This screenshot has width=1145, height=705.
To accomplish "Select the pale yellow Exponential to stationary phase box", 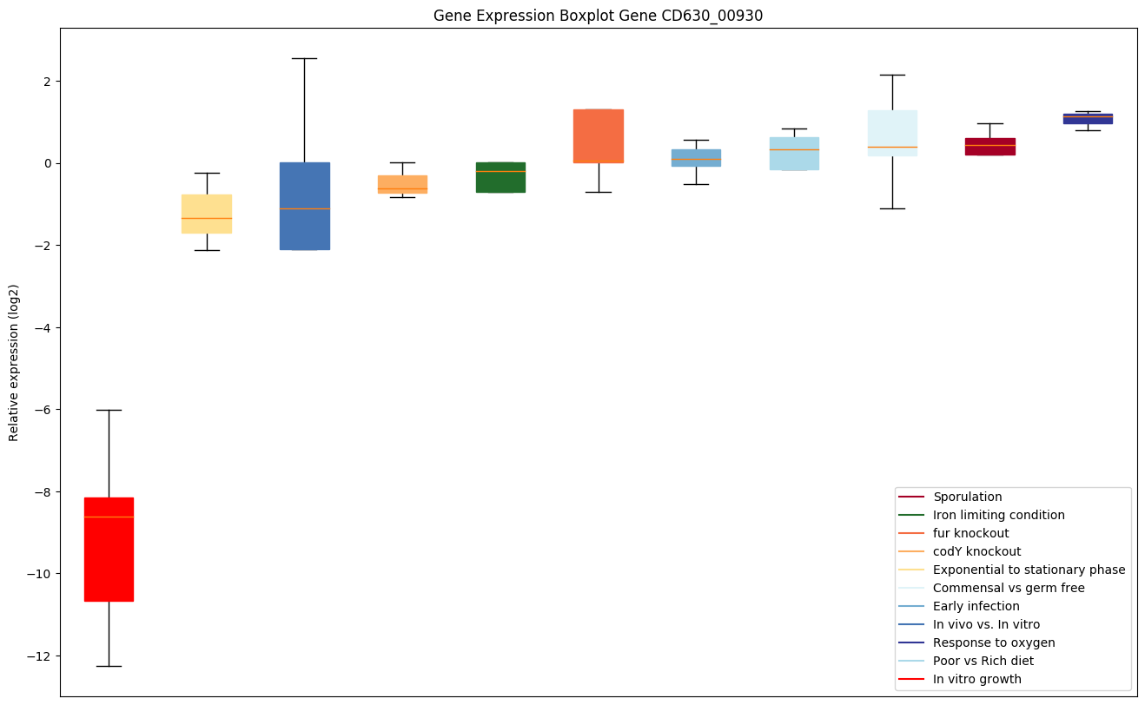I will [207, 214].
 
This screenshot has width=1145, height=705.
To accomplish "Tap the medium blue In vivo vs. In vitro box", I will [305, 206].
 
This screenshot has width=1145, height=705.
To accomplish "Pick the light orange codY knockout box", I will [402, 184].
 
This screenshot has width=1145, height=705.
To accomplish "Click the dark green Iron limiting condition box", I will [500, 177].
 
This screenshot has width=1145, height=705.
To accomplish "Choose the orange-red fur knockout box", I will [599, 136].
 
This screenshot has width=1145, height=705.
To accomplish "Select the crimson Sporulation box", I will [990, 147].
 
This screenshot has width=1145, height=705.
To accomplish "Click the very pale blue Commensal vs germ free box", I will [892, 133].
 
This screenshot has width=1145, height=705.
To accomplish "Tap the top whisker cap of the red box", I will [109, 410].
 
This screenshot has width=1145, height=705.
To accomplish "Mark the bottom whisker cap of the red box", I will [109, 666].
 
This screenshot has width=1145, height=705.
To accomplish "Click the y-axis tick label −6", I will [40, 410].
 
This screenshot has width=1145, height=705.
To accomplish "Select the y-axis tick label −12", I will [36, 656].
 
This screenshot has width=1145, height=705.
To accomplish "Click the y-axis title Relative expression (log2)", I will [14, 363].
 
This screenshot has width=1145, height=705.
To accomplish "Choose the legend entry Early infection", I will [976, 606].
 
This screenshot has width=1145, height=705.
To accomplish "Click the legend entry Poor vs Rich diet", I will [983, 661].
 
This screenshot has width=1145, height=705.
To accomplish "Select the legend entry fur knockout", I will [970, 533].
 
